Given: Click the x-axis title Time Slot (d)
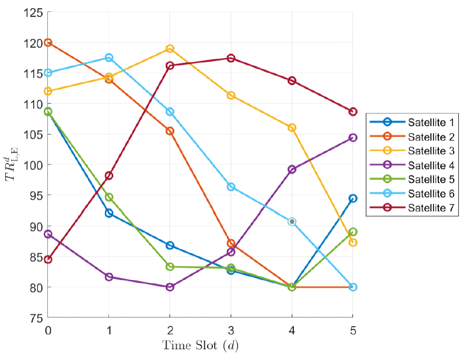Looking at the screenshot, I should point(200,346).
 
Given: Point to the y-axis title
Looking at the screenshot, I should point(11,164).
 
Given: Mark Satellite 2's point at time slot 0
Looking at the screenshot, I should point(48,43).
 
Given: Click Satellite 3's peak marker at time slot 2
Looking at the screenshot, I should point(170,49).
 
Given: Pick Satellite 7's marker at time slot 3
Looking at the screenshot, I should point(231,58).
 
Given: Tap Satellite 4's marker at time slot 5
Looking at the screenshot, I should point(352,138).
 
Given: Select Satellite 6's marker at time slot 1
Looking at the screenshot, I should point(109,58).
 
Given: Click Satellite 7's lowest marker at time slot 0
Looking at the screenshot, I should point(48,259).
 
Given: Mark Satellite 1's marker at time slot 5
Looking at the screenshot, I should point(352,198).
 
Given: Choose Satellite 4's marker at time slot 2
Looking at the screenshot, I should point(170,287).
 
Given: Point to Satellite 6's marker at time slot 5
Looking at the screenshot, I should point(352,287).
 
